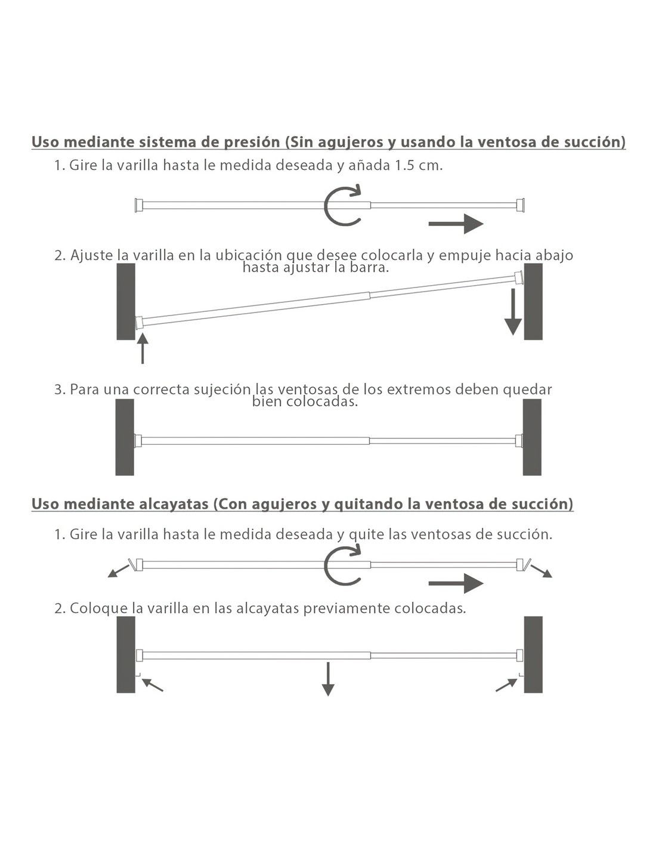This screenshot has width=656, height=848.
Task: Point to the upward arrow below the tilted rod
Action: pyautogui.click(x=142, y=348)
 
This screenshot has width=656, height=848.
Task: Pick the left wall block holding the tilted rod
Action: pyautogui.click(x=126, y=301)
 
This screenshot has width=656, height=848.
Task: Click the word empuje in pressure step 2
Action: pyautogui.click(x=465, y=255)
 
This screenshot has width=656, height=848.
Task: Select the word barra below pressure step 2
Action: pyautogui.click(x=370, y=268)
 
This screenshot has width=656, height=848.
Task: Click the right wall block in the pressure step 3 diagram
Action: pyautogui.click(x=532, y=437)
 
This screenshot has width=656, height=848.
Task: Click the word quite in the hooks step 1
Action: pyautogui.click(x=367, y=534)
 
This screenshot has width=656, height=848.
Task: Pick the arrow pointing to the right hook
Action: pyautogui.click(x=506, y=685)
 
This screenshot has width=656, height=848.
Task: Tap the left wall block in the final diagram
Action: pyautogui.click(x=126, y=655)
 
